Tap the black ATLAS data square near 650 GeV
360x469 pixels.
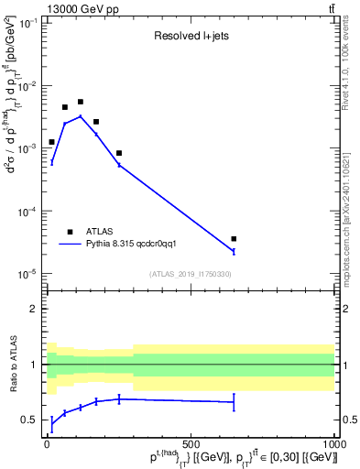[234, 239]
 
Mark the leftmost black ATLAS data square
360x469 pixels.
[51, 142]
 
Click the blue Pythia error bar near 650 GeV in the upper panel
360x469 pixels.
[234, 251]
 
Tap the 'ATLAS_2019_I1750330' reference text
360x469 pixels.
[191, 274]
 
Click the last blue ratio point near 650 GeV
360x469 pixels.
[234, 402]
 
